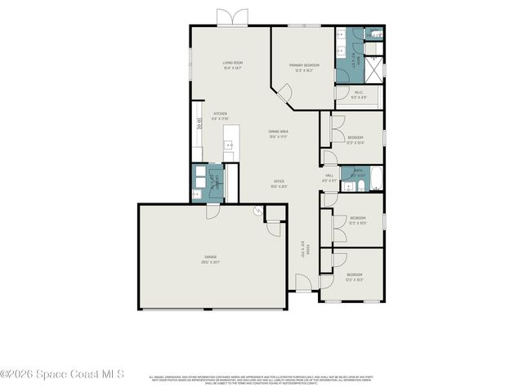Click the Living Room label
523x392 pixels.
tap(233, 65)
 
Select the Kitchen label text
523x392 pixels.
tap(220, 116)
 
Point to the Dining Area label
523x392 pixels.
tap(279, 133)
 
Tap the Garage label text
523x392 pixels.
tap(211, 260)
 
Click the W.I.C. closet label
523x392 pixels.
tap(358, 95)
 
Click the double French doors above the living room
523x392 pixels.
tap(231, 17)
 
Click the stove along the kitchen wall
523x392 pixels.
tap(197, 125)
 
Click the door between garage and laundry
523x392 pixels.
tap(212, 209)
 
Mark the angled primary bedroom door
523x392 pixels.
tap(284, 97)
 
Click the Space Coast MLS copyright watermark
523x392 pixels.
tap(62, 374)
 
